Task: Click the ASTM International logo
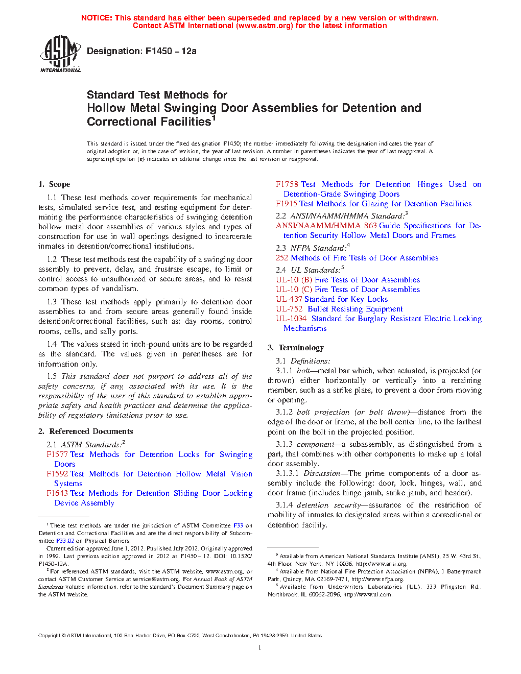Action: click(x=60, y=53)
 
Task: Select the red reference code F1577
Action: click(x=57, y=454)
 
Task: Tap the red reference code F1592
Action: click(x=57, y=474)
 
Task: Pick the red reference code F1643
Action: click(x=57, y=493)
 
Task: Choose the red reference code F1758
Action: click(x=287, y=184)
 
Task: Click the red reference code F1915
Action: click(x=287, y=204)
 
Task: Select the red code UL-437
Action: click(x=289, y=299)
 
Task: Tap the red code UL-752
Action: click(x=289, y=309)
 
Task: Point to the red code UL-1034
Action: click(x=291, y=319)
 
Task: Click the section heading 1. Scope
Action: click(x=54, y=184)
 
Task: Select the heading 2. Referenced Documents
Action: click(x=86, y=431)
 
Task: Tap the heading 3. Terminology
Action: click(x=296, y=348)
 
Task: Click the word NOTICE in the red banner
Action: click(x=97, y=18)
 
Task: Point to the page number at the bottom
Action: click(x=260, y=648)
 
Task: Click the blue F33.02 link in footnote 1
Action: click(x=65, y=541)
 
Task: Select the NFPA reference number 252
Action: click(x=282, y=258)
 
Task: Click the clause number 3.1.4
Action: click(x=284, y=505)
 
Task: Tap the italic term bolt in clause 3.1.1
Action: click(x=303, y=371)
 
